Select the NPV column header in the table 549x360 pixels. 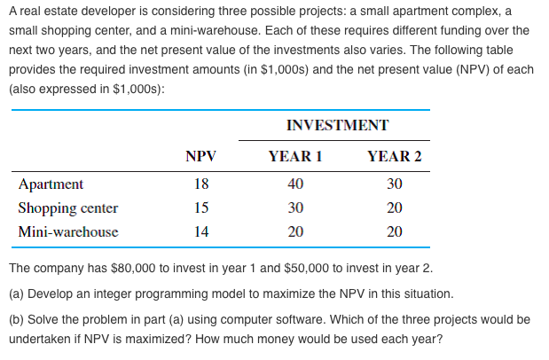pos(200,157)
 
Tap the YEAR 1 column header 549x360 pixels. pos(294,157)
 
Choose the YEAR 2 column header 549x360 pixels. pos(395,157)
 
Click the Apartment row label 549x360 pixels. pos(51,184)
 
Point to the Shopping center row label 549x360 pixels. pos(68,208)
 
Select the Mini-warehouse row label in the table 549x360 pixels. pos(68,232)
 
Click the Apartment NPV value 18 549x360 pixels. pos(201,184)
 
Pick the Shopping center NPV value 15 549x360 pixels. pos(201,208)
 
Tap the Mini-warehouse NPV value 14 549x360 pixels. pos(201,232)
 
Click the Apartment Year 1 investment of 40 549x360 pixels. pos(295,184)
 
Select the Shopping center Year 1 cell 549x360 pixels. pos(295,208)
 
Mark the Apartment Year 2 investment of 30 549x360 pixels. pos(395,184)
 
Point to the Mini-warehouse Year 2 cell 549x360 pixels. pos(395,232)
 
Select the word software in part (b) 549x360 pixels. pos(278,318)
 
